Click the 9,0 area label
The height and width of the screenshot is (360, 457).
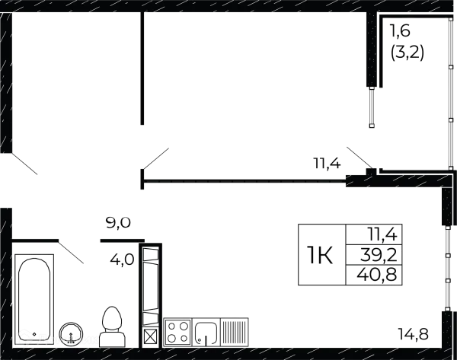tap(119, 223)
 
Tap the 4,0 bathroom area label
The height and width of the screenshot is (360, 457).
tap(123, 260)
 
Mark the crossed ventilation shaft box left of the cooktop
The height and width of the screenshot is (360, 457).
tap(151, 333)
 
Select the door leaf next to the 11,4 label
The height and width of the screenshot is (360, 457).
tap(360, 158)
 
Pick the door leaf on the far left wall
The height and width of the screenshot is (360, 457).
tap(23, 164)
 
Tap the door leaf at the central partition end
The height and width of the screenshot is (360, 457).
tap(155, 161)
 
